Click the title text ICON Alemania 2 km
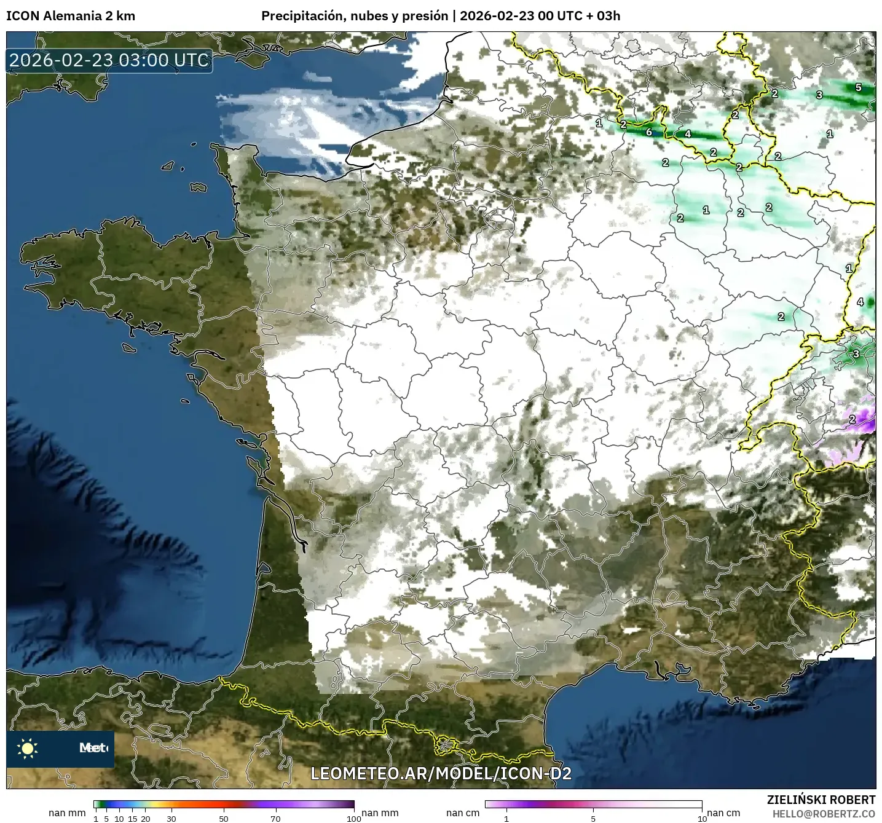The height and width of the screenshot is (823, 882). [x=70, y=16]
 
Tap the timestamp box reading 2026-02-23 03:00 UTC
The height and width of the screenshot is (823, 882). [x=109, y=60]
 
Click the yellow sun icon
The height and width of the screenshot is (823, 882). [x=28, y=748]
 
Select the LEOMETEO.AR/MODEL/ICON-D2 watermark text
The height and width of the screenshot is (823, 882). [x=441, y=773]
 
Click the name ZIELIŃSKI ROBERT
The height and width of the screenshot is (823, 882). [x=821, y=800]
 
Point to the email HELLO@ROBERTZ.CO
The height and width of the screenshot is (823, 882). [x=824, y=814]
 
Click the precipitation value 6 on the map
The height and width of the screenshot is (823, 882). [x=648, y=132]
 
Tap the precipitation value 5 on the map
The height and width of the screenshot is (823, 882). [x=859, y=87]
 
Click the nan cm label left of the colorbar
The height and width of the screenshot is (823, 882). [x=463, y=813]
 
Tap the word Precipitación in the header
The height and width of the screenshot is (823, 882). [x=301, y=16]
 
